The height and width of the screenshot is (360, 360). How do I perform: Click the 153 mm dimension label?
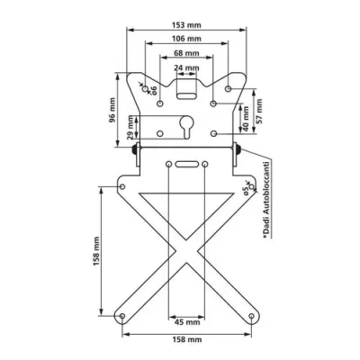pos(186,24)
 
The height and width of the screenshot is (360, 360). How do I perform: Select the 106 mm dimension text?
pos(186,40)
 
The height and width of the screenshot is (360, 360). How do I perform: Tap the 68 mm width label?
pos(186,54)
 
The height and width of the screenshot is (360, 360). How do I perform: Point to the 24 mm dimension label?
pos(186,68)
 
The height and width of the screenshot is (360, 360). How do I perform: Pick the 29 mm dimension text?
pos(133,128)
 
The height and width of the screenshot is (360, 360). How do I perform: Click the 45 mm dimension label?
pos(186,321)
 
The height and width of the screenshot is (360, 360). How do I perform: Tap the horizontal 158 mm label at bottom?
pos(186,338)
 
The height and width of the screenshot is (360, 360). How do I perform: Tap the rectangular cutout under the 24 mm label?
pos(186,88)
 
